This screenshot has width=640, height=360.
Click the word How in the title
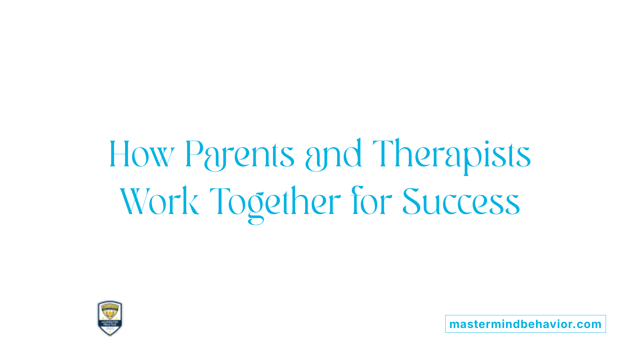click(142, 154)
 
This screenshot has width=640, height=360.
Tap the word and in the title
click(333, 154)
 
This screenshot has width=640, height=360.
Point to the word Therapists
click(451, 154)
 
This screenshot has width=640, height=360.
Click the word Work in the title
click(159, 202)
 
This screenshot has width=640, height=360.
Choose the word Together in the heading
click(275, 202)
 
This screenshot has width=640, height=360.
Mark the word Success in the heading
click(461, 202)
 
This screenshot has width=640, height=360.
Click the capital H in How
click(119, 154)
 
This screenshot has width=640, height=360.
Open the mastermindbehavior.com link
click(525, 324)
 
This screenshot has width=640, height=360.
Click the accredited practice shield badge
click(110, 318)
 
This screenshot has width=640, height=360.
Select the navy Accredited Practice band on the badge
click(110, 323)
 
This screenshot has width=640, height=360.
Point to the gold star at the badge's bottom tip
click(110, 333)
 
